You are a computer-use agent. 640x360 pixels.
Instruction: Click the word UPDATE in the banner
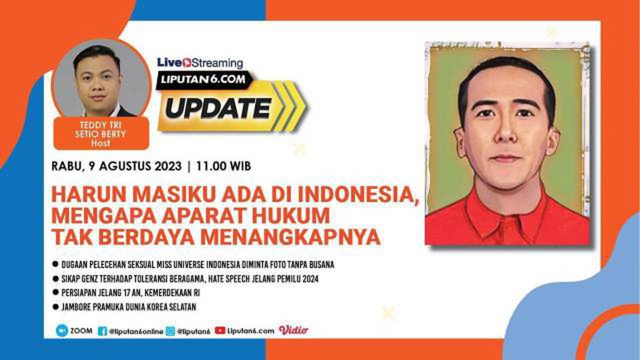coord(217,108)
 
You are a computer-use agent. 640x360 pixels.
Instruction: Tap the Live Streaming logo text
coord(200,62)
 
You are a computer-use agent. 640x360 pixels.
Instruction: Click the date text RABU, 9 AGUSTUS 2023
coord(117,166)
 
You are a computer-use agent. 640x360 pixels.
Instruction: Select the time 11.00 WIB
coord(223,166)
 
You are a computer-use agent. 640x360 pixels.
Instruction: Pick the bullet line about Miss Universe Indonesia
coord(197,265)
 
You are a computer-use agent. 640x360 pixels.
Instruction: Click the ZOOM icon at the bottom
coord(62,330)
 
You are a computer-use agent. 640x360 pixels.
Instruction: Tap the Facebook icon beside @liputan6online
coord(102,331)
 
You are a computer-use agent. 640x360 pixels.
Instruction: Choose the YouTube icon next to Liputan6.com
coord(220,331)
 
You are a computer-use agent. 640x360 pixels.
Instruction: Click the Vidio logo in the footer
coord(293,330)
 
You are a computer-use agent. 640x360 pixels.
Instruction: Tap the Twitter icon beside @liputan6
coord(170,331)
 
